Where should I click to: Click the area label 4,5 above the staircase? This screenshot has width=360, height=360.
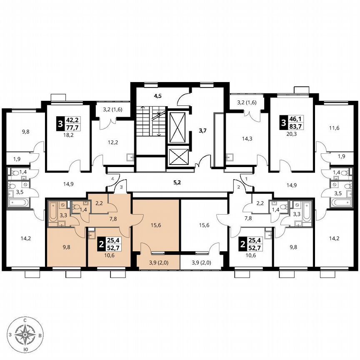[x=157, y=96]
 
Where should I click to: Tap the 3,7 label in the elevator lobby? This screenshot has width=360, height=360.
[x=202, y=131]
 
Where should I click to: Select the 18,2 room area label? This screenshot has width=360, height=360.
[x=68, y=135]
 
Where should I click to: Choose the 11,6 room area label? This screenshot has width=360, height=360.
[x=334, y=128]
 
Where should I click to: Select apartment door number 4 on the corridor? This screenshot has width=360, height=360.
[x=112, y=179]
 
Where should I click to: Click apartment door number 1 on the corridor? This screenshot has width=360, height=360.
[x=247, y=179]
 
